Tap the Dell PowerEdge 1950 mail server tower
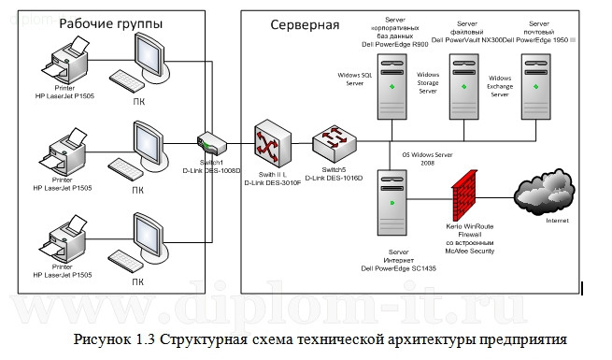(534, 83)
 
